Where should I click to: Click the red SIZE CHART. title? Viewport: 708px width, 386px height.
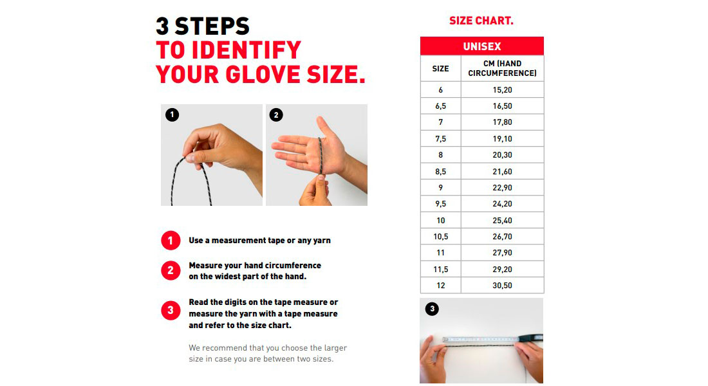(x=481, y=21)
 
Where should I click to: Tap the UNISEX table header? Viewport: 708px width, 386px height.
(x=482, y=46)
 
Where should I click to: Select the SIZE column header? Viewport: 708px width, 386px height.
(x=440, y=69)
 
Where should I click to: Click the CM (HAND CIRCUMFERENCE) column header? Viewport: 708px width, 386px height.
(x=502, y=69)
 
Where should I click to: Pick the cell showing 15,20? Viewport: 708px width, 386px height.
(x=502, y=90)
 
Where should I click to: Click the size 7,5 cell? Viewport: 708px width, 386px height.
(x=440, y=138)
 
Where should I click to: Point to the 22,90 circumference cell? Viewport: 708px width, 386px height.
(x=502, y=187)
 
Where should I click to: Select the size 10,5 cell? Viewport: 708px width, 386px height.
(x=440, y=237)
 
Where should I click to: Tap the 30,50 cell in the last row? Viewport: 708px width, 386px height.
(x=502, y=286)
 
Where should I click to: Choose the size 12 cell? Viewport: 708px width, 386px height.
(x=440, y=286)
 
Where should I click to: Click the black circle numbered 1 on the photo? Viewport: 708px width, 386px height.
(x=172, y=115)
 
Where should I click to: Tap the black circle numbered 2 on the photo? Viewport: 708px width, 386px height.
(x=276, y=115)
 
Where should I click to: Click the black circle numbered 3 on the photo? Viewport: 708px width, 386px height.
(x=432, y=309)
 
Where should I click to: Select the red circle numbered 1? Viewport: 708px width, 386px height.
(x=171, y=241)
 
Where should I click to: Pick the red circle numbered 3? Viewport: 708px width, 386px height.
(x=171, y=310)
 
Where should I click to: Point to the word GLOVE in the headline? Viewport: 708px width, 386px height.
(x=263, y=75)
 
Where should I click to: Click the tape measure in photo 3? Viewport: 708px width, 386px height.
(x=492, y=338)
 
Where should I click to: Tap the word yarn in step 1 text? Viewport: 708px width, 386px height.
(x=322, y=241)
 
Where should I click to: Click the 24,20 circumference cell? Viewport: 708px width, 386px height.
(x=502, y=203)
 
